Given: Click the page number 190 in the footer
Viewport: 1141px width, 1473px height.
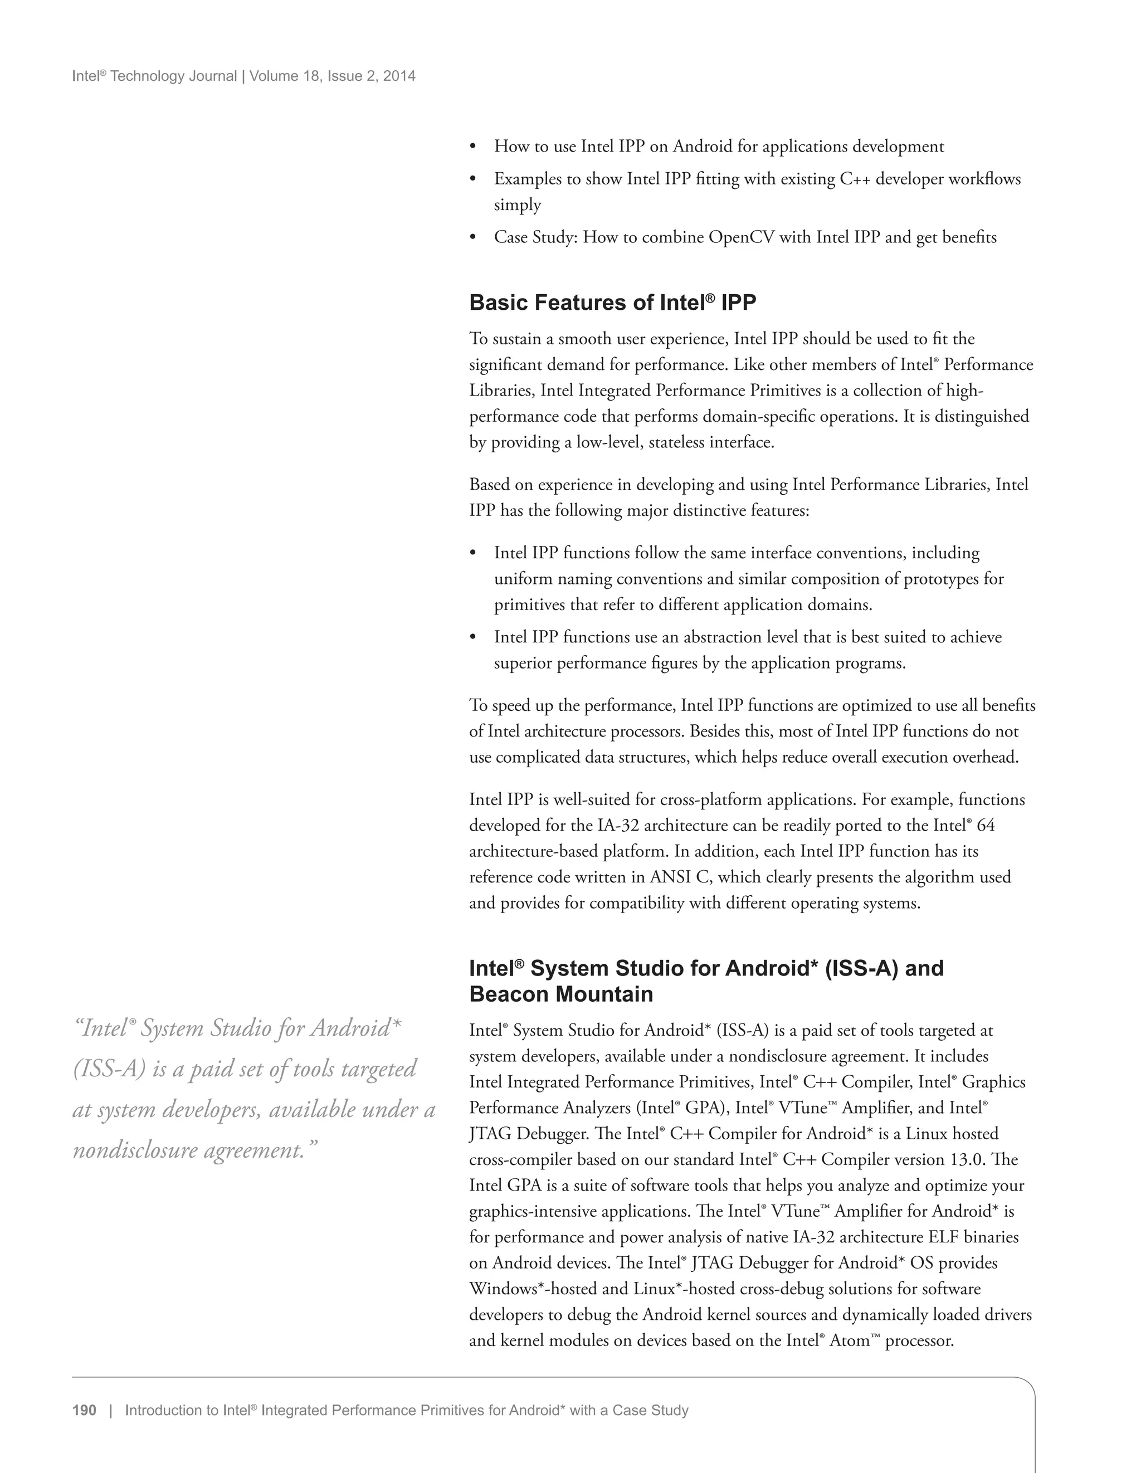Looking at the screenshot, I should pos(84,1410).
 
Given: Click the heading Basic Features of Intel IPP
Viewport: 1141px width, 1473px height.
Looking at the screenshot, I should pos(612,303).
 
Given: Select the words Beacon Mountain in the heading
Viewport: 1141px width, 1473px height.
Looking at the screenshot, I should pos(561,993).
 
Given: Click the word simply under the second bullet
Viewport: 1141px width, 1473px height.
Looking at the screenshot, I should pos(517,204).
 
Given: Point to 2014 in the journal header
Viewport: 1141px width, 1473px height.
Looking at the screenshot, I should pos(399,76).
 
